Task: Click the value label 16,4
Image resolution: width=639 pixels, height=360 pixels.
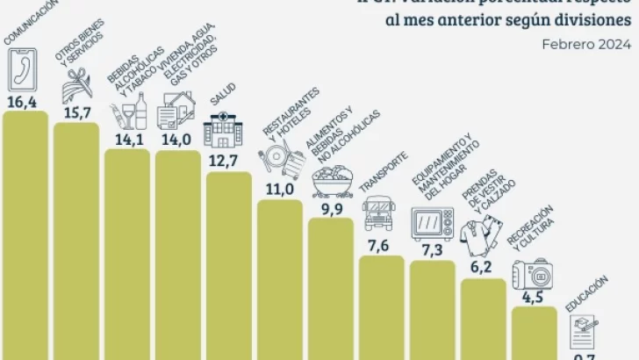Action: (25, 101)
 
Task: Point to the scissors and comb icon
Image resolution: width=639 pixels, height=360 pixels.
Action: (75, 88)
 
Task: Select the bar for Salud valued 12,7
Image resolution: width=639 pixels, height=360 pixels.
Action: (229, 263)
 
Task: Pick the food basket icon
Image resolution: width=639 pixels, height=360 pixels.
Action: (333, 182)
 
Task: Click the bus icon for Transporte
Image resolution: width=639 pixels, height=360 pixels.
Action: (379, 213)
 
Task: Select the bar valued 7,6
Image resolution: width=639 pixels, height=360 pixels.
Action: (382, 307)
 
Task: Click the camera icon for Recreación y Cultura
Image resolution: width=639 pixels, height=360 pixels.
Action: (533, 273)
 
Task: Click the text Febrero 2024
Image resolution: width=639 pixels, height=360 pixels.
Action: (586, 47)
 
